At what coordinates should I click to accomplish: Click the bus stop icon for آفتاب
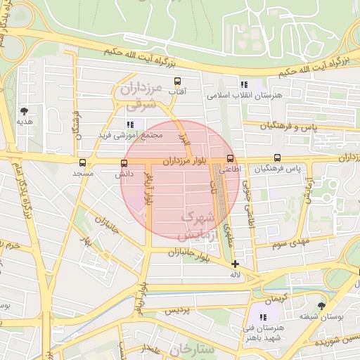(x=176, y=81)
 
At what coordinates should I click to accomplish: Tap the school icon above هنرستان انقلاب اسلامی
(x=243, y=84)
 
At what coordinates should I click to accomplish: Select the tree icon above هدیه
(x=25, y=111)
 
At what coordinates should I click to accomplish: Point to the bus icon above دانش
(x=124, y=163)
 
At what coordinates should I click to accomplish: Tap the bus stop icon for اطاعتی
(x=231, y=159)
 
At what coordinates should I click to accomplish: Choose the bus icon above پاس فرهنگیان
(x=277, y=159)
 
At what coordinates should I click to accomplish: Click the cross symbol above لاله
(x=235, y=264)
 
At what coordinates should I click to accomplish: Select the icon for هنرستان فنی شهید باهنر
(x=264, y=319)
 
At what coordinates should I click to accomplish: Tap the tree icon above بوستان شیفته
(x=321, y=306)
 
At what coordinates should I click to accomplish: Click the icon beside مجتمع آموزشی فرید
(x=130, y=124)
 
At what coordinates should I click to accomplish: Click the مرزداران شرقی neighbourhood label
(x=143, y=96)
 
